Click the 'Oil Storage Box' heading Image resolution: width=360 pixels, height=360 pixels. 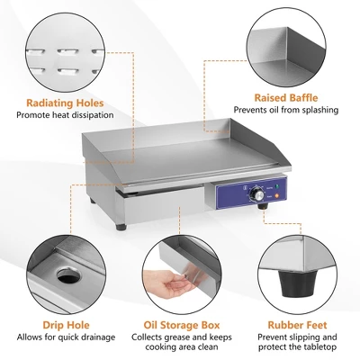pyautogui.click(x=179, y=324)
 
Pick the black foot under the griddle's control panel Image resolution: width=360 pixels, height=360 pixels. pyautogui.click(x=263, y=209)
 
